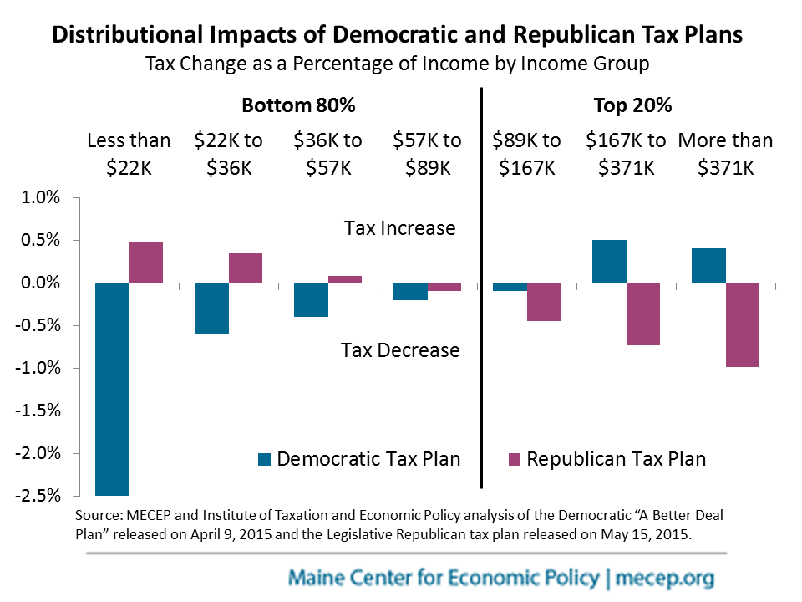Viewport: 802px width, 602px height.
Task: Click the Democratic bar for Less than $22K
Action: (112, 389)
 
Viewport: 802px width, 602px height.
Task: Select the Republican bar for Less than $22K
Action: (146, 263)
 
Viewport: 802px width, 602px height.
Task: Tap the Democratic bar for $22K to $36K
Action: (211, 308)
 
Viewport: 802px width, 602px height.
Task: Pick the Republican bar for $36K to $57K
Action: (345, 279)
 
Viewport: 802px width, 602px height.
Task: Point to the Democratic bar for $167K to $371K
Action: (609, 262)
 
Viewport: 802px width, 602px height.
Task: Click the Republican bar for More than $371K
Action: (743, 324)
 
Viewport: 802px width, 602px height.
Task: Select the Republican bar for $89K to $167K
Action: (544, 302)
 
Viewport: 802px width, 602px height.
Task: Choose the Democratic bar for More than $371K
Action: (708, 266)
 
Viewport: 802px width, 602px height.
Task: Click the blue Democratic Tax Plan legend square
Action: (265, 459)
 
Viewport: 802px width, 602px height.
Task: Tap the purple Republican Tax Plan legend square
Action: (514, 459)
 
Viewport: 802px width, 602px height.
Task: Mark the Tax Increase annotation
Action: (400, 228)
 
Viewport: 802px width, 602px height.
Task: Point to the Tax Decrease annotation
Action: (400, 349)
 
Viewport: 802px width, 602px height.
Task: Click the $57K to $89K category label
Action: (428, 154)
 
